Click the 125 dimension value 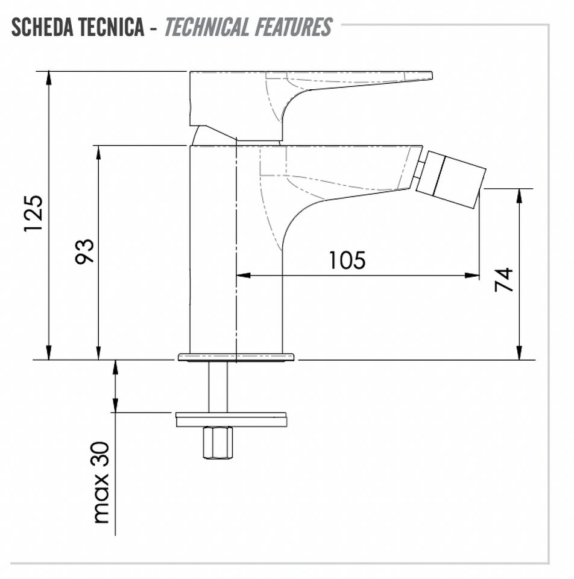(34, 214)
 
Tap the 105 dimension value (347, 260)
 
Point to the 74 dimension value (504, 279)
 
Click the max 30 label (101, 483)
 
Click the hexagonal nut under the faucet (218, 442)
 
